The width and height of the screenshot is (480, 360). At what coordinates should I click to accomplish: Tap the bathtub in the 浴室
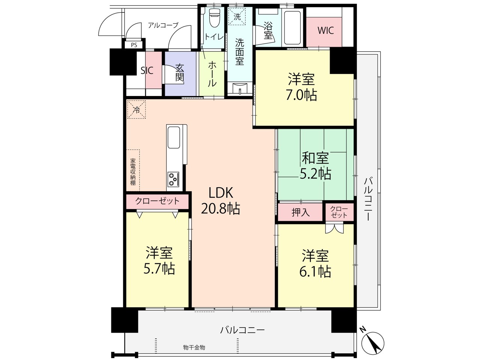coord(292,27)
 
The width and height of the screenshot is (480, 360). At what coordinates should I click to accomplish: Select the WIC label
coord(325,30)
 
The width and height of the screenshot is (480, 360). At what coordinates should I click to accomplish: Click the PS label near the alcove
coord(134,45)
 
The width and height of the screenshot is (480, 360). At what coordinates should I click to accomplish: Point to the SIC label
coord(147,70)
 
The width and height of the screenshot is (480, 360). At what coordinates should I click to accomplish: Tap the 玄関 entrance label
coord(180,72)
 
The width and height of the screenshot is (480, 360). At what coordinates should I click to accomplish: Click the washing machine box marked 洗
coord(237,16)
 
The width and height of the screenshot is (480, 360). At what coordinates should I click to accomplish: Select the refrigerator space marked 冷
coord(136,109)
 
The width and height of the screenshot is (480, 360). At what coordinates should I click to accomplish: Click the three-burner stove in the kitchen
coord(173,179)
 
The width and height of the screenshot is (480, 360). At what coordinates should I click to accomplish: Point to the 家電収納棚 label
coord(133,172)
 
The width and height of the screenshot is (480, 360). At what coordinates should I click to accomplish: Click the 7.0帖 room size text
coord(301,95)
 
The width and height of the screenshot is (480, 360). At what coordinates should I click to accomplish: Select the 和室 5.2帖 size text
coord(315,174)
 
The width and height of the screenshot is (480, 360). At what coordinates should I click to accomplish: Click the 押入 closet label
coord(301,212)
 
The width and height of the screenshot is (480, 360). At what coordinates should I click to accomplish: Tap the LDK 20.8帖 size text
coord(220,208)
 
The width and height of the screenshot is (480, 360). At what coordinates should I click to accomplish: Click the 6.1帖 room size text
coord(315,272)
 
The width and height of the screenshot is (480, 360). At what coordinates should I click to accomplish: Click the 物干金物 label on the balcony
coord(194,347)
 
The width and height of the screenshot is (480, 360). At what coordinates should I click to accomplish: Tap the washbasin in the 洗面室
coord(240,88)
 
